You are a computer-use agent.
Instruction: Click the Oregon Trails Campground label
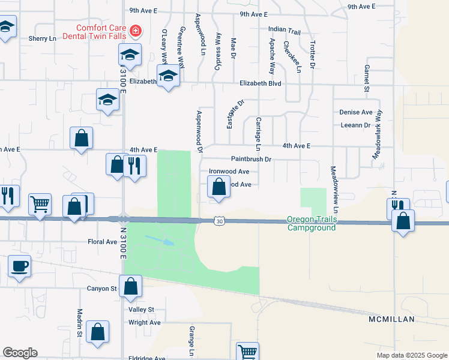click(312, 223)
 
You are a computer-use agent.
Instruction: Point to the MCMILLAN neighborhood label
click(391, 319)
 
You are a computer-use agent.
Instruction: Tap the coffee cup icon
click(19, 265)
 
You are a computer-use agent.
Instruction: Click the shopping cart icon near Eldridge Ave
click(247, 351)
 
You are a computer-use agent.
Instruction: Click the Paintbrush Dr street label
click(252, 159)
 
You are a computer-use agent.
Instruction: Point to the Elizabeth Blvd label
click(260, 84)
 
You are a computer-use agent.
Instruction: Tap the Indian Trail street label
click(284, 30)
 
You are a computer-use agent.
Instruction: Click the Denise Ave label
click(356, 112)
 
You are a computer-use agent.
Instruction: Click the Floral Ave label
click(103, 242)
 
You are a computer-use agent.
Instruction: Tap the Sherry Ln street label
click(42, 38)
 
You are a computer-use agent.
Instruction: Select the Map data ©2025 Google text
click(412, 355)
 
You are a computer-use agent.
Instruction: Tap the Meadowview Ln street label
click(335, 189)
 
